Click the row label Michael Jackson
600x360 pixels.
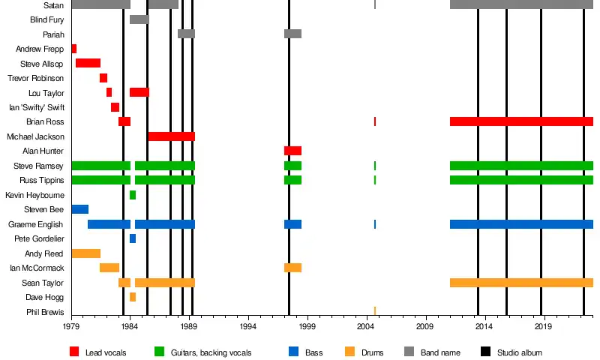tap(35, 136)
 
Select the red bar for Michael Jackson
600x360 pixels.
tap(171, 136)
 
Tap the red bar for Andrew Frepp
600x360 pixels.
tap(73, 49)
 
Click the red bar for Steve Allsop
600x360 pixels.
tap(88, 63)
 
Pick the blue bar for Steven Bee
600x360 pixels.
tap(79, 209)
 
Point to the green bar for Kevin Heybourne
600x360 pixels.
tap(133, 195)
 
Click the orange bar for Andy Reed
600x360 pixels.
tap(85, 253)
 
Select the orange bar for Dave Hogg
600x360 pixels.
tap(133, 297)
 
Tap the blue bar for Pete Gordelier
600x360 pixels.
tap(133, 238)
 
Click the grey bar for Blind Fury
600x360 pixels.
tap(139, 19)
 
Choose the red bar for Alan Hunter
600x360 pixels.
tap(292, 151)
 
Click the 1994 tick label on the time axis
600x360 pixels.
tap(248, 328)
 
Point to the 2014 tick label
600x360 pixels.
tap(484, 328)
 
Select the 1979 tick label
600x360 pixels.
tap(71, 328)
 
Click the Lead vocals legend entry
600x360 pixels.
tap(105, 352)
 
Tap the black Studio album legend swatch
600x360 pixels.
tap(485, 352)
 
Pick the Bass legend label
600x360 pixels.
tap(313, 352)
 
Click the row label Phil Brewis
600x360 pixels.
tap(45, 312)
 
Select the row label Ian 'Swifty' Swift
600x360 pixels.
tap(36, 107)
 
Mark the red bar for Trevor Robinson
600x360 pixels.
tap(103, 78)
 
